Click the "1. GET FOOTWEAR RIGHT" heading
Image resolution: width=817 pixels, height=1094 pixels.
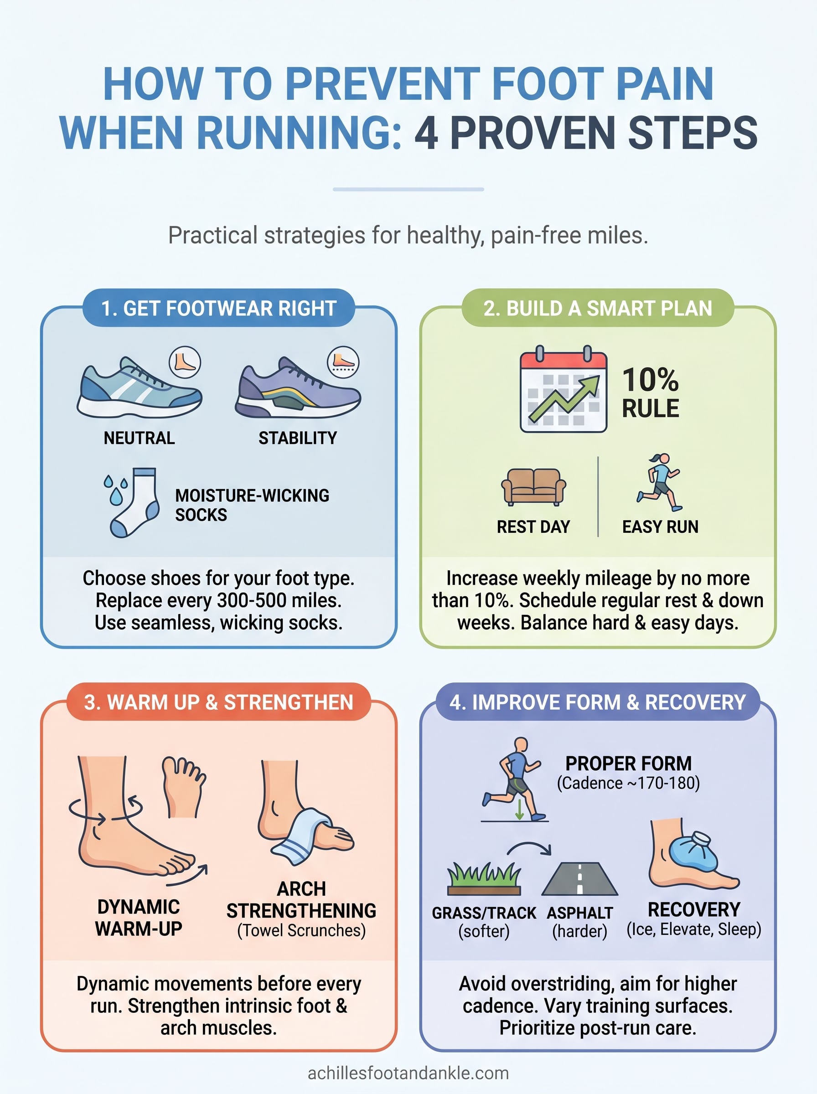point(218,309)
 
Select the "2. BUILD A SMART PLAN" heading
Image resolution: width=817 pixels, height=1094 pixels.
point(597,309)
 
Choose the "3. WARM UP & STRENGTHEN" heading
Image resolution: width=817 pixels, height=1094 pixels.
point(218,702)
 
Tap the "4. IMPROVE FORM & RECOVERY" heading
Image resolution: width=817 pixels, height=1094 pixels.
point(597,702)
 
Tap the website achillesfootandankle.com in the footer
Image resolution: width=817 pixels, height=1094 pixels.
point(408,1073)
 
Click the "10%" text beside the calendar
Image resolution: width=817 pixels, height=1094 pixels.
point(650,380)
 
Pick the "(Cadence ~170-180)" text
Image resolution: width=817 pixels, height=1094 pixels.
point(628,783)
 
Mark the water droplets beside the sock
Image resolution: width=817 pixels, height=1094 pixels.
point(115,489)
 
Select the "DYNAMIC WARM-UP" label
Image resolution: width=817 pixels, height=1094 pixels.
point(139,918)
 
